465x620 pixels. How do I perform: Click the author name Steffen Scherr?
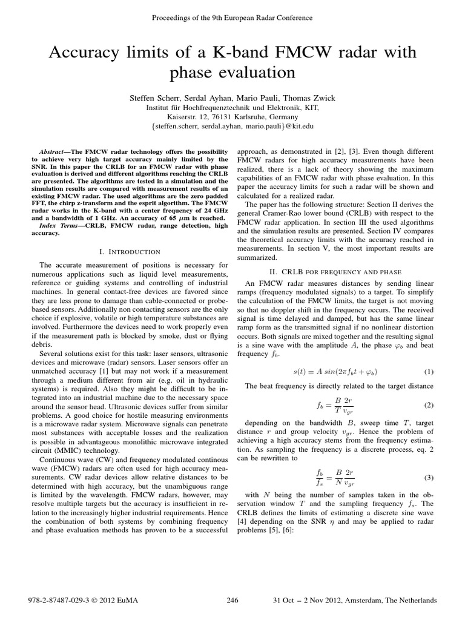click(x=154, y=97)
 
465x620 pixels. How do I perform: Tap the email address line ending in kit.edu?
click(x=232, y=127)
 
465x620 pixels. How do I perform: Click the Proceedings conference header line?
click(x=232, y=18)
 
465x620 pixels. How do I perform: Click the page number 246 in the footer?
click(x=232, y=600)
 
